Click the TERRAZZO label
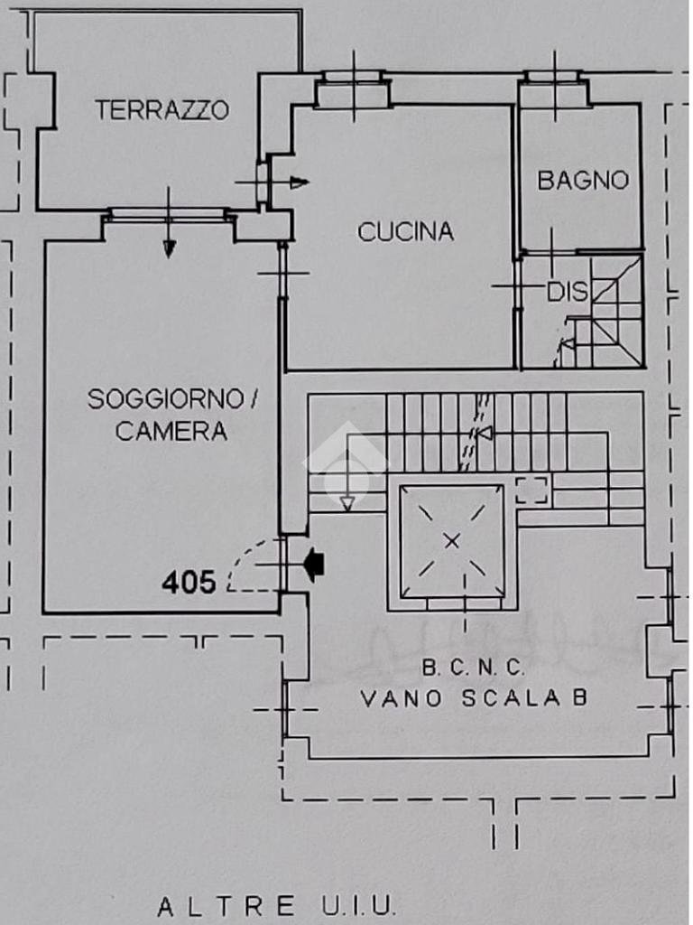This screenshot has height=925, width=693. [x=162, y=110]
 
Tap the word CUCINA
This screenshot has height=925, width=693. [x=405, y=232]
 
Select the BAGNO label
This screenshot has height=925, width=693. [x=583, y=180]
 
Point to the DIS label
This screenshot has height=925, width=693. [x=568, y=293]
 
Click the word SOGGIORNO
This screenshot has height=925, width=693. [x=165, y=399]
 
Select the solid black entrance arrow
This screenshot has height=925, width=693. [x=314, y=565]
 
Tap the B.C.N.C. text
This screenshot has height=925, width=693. [x=473, y=669]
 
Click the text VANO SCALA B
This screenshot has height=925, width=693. [x=474, y=698]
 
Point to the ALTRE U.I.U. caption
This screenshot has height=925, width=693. [x=276, y=905]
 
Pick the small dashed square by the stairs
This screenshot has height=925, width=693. [x=531, y=490]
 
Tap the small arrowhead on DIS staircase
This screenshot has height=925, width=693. [x=567, y=344]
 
